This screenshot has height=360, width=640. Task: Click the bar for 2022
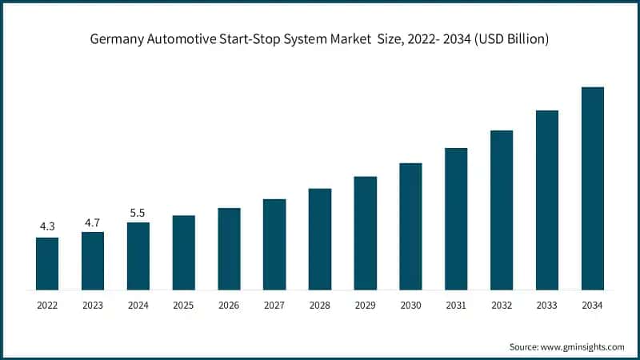[x=47, y=263]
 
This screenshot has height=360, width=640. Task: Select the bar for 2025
[x=184, y=252]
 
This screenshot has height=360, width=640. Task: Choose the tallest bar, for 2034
[x=592, y=188]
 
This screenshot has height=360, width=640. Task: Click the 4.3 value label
[x=47, y=227]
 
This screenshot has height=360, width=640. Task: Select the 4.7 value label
[x=93, y=222]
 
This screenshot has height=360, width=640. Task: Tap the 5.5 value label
[x=138, y=213]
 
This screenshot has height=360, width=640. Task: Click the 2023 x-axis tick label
[x=93, y=305]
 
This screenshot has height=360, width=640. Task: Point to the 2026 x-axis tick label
[x=229, y=305]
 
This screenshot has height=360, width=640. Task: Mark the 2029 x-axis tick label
[x=365, y=305]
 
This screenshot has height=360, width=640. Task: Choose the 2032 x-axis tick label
[x=502, y=305]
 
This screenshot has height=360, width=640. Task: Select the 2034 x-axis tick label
[x=592, y=305]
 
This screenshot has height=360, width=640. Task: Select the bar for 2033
[x=546, y=200]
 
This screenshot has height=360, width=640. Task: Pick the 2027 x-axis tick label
[x=274, y=305]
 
